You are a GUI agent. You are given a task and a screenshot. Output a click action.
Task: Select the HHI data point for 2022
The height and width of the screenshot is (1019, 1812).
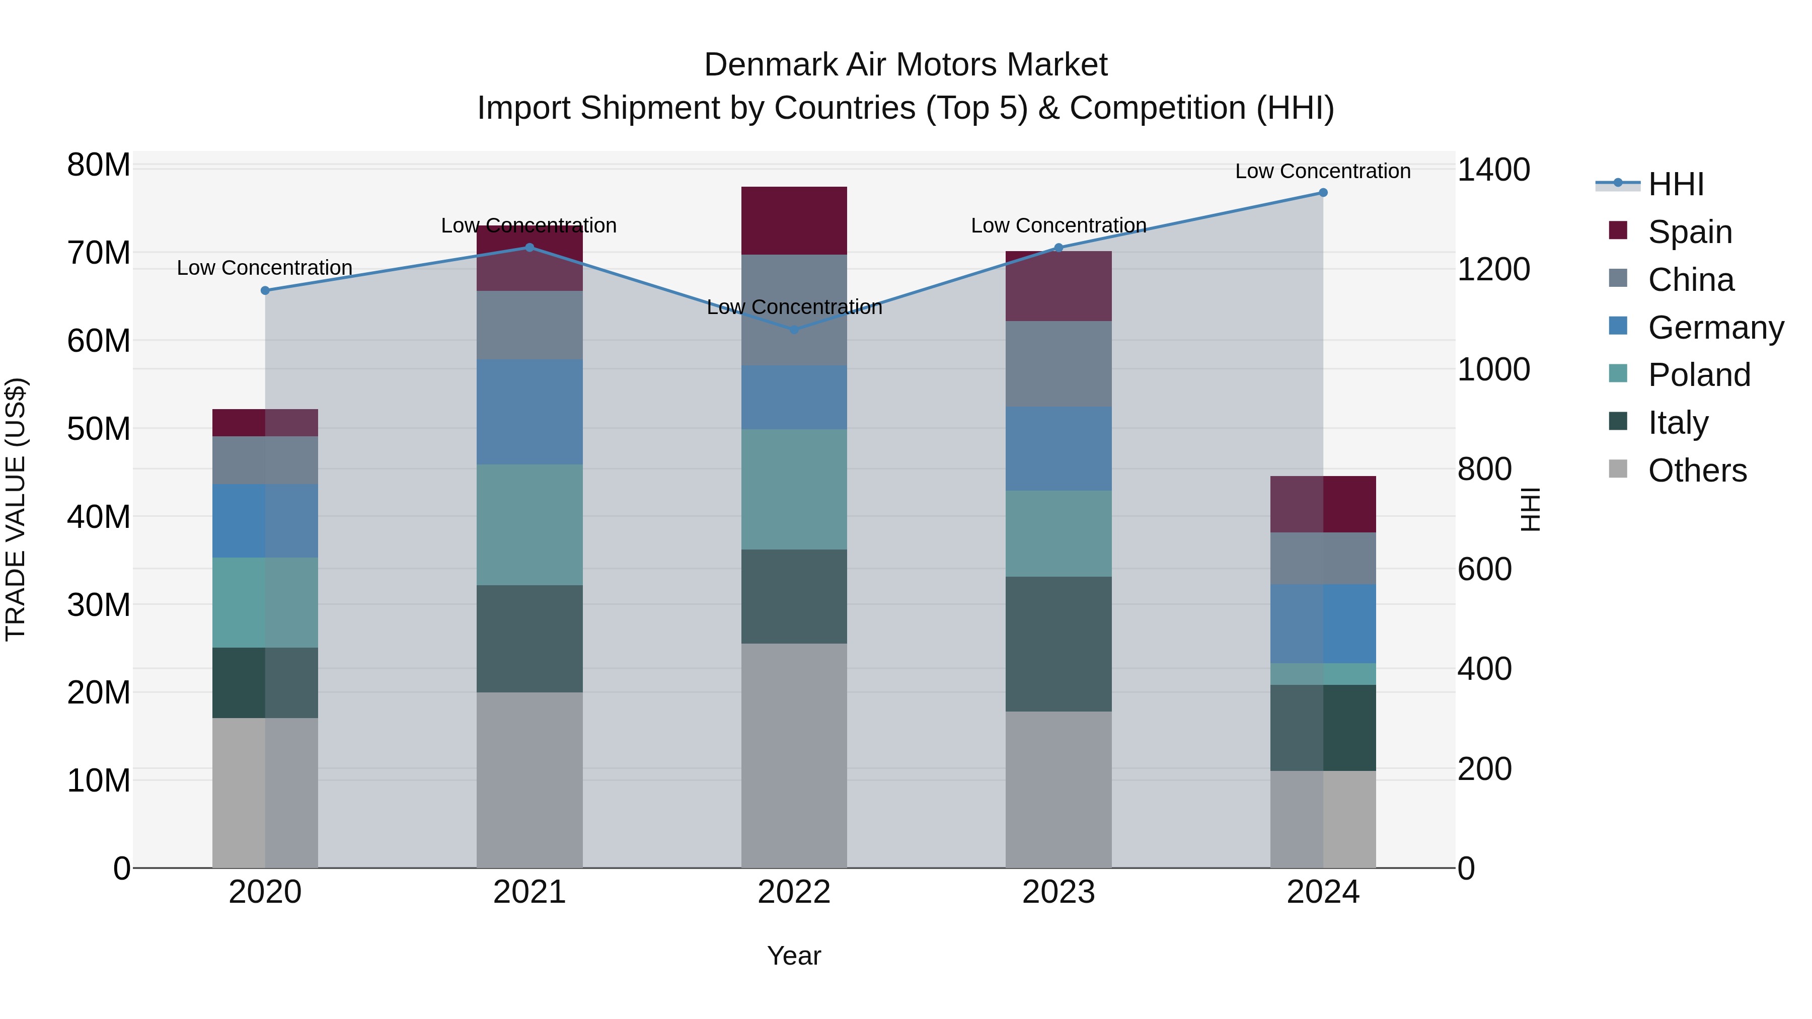pyautogui.click(x=794, y=329)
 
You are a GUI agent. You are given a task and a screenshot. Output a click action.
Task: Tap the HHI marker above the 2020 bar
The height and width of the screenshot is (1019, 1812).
pyautogui.click(x=265, y=290)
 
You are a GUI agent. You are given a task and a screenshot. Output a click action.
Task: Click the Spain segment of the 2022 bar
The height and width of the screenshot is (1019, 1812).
pyautogui.click(x=794, y=220)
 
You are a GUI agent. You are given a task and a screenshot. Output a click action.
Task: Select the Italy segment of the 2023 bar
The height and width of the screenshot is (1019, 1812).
pyautogui.click(x=1059, y=644)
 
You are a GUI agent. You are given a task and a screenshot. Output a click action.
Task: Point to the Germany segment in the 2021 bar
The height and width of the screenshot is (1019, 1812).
pyautogui.click(x=530, y=412)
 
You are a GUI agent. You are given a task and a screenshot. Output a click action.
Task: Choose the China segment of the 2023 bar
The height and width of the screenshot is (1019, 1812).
pyautogui.click(x=1059, y=364)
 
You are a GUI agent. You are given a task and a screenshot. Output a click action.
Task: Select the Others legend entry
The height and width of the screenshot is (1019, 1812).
pyautogui.click(x=1697, y=471)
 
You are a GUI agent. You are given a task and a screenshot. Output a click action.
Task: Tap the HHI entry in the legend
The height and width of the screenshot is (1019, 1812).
pyautogui.click(x=1676, y=184)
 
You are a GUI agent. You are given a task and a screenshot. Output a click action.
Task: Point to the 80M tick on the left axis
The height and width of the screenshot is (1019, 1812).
pyautogui.click(x=99, y=165)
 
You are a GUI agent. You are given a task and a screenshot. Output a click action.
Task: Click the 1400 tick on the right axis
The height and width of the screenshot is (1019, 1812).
pyautogui.click(x=1493, y=170)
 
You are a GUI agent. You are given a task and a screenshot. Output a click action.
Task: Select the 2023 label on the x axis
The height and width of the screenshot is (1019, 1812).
pyautogui.click(x=1059, y=892)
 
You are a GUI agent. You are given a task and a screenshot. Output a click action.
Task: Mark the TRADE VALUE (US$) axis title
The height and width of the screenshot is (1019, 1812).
pyautogui.click(x=16, y=509)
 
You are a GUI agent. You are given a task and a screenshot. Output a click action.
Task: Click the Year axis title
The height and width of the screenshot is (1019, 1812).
pyautogui.click(x=794, y=956)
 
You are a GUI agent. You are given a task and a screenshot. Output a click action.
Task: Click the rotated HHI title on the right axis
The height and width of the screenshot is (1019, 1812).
pyautogui.click(x=1531, y=509)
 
